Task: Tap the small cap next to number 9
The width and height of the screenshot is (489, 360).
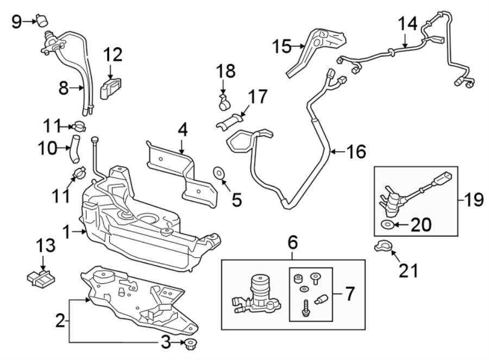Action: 41,20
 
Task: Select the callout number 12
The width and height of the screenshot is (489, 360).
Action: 113,55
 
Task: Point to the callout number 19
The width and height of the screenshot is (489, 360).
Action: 474,200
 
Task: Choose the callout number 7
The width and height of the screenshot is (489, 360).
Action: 349,294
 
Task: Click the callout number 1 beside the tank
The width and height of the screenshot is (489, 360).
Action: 66,233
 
